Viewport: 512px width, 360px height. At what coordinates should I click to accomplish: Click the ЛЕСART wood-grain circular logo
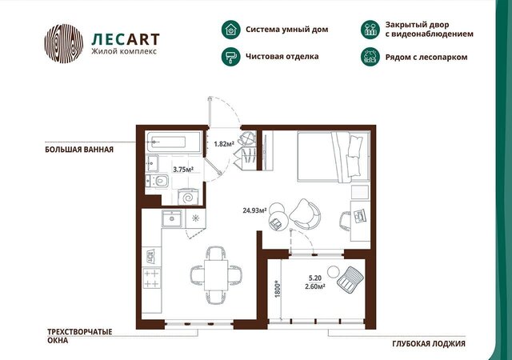pyautogui.click(x=64, y=43)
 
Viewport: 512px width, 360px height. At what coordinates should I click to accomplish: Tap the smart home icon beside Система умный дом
pyautogui.click(x=231, y=30)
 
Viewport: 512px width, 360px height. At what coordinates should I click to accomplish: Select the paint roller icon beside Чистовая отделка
pyautogui.click(x=231, y=57)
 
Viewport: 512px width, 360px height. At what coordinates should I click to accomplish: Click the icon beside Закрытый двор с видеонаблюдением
pyautogui.click(x=370, y=29)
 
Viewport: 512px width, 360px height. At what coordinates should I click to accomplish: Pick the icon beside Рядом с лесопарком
pyautogui.click(x=370, y=57)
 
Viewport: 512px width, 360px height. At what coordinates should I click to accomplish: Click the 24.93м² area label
pyautogui.click(x=254, y=210)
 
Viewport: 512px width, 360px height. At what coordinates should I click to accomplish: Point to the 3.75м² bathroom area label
pyautogui.click(x=183, y=170)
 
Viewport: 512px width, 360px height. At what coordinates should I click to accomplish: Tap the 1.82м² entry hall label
pyautogui.click(x=224, y=143)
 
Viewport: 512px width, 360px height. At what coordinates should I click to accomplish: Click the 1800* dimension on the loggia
pyautogui.click(x=278, y=289)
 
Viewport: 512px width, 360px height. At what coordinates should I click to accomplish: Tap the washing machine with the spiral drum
pyautogui.click(x=188, y=197)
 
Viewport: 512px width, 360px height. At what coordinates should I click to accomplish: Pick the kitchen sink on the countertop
pyautogui.click(x=172, y=218)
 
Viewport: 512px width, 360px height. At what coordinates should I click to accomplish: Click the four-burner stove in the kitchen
pyautogui.click(x=152, y=278)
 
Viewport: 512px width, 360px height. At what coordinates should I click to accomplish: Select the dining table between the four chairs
pyautogui.click(x=216, y=275)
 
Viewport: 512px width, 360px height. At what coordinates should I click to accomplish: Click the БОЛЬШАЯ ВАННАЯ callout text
pyautogui.click(x=79, y=150)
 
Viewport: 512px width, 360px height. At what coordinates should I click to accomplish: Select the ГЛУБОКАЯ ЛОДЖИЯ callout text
pyautogui.click(x=429, y=344)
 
